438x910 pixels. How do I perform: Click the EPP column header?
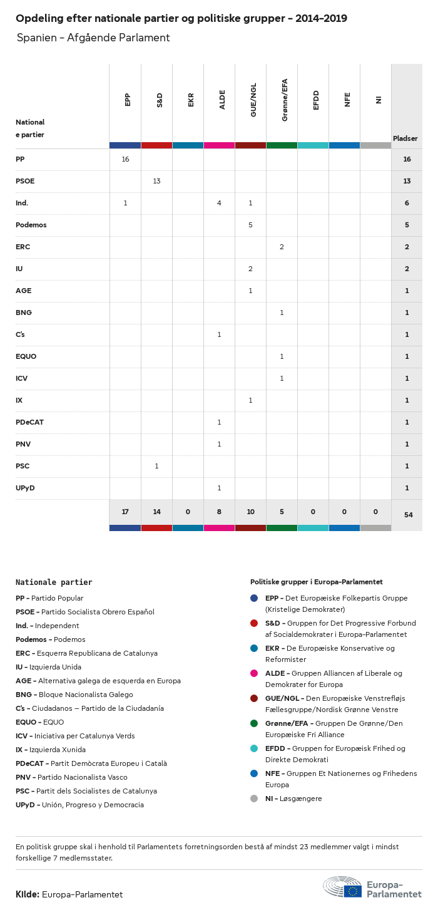[x=128, y=100]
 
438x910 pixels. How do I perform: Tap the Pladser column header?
[x=405, y=138]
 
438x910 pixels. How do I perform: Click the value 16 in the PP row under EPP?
[x=125, y=159]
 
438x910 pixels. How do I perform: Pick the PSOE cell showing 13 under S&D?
[x=156, y=181]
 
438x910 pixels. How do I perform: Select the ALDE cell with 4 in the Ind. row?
[x=219, y=203]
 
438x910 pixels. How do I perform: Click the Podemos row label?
[x=31, y=225]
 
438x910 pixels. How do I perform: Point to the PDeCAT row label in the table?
[x=29, y=422]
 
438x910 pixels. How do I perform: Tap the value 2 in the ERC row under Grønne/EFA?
[x=282, y=247]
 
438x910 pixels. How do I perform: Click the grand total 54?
[x=408, y=515]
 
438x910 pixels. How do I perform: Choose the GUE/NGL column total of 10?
[x=250, y=512]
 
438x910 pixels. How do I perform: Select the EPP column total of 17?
[x=125, y=512]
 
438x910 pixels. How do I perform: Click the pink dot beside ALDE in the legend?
[x=254, y=673]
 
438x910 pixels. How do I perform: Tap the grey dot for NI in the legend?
[x=254, y=799]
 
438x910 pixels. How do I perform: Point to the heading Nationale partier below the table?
[x=54, y=582]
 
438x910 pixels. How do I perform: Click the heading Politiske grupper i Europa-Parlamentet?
[x=316, y=582]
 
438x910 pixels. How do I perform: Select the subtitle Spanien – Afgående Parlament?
[x=93, y=38]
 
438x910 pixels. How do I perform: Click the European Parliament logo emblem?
[x=342, y=887]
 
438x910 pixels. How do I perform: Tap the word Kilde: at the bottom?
[x=28, y=894]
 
